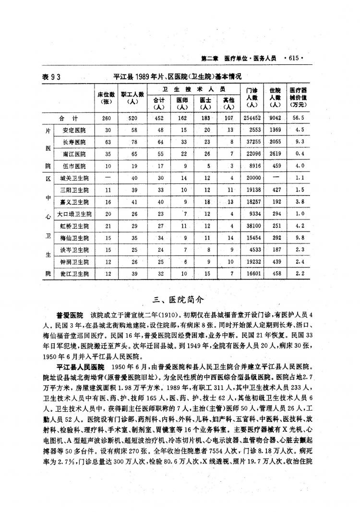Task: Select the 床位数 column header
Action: [106, 98]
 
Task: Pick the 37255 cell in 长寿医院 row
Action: [252, 142]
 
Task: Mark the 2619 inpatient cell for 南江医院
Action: [275, 154]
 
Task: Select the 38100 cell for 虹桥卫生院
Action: [252, 226]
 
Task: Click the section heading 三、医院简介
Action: [179, 300]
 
